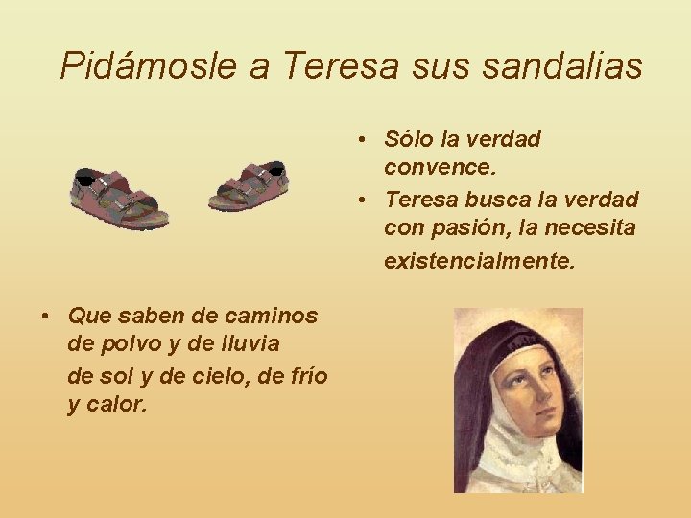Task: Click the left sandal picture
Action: pyautogui.click(x=119, y=197)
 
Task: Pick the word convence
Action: pyautogui.click(x=441, y=169)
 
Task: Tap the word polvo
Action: pyautogui.click(x=126, y=344)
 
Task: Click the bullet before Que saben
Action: pyautogui.click(x=46, y=316)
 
